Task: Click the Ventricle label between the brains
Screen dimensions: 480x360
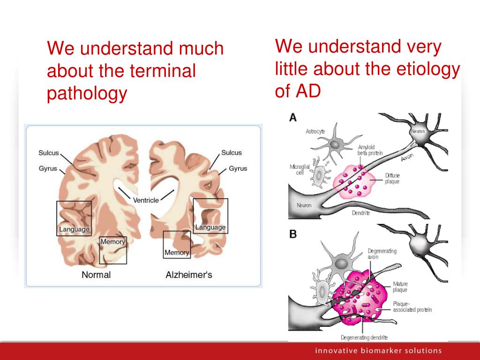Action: click(x=146, y=200)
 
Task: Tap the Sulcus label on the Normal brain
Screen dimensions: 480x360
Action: click(x=49, y=153)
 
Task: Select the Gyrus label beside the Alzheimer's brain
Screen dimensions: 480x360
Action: click(x=238, y=168)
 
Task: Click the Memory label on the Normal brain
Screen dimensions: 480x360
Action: click(x=112, y=242)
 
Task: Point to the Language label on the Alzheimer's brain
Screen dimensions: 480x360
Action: click(x=210, y=227)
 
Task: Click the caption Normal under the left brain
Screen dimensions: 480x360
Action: click(x=96, y=275)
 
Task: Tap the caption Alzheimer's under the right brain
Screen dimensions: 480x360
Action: click(x=189, y=275)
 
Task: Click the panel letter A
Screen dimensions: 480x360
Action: click(x=292, y=118)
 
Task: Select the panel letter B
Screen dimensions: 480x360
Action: click(x=292, y=234)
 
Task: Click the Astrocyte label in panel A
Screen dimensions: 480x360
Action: click(x=315, y=131)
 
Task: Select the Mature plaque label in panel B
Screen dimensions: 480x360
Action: click(x=400, y=286)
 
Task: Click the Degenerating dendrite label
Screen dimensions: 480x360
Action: click(x=364, y=337)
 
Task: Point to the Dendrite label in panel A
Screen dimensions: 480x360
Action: click(x=360, y=213)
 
